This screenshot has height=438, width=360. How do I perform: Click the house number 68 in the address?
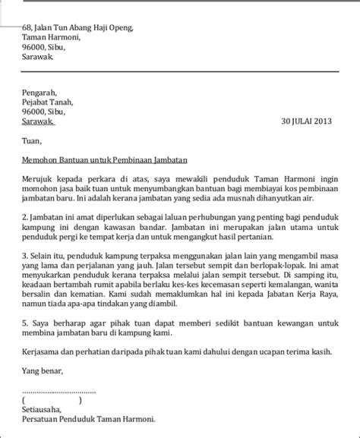(26, 27)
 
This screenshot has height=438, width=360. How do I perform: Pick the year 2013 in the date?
(324, 121)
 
